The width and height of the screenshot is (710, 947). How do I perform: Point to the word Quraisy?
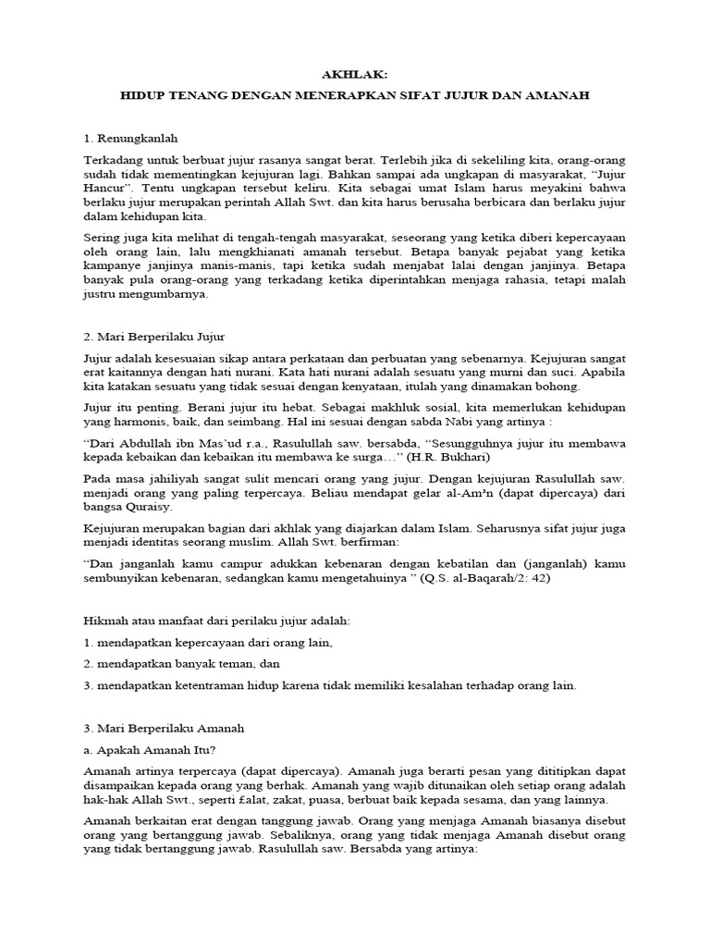[x=145, y=510]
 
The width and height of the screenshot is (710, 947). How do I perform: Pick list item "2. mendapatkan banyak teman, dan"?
[x=181, y=664]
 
